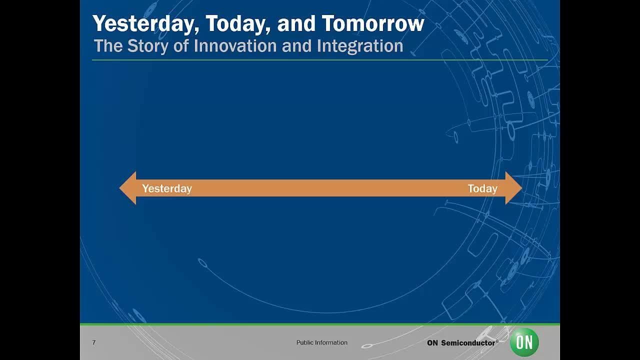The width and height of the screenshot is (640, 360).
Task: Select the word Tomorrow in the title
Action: click(373, 23)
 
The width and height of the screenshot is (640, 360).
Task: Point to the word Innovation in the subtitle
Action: click(235, 45)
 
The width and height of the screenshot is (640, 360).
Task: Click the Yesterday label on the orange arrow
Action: click(167, 189)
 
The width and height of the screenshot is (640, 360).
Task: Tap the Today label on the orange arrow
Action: click(482, 189)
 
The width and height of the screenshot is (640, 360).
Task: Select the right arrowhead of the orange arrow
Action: click(513, 188)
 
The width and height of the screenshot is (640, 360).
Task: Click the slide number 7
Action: click(94, 342)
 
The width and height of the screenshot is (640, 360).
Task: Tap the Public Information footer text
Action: click(321, 342)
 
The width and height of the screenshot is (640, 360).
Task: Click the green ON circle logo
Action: click(524, 342)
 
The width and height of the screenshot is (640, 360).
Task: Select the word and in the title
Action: click(296, 23)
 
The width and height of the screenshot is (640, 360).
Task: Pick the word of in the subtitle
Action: click(181, 45)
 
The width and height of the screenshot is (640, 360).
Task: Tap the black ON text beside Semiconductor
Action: click(432, 343)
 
